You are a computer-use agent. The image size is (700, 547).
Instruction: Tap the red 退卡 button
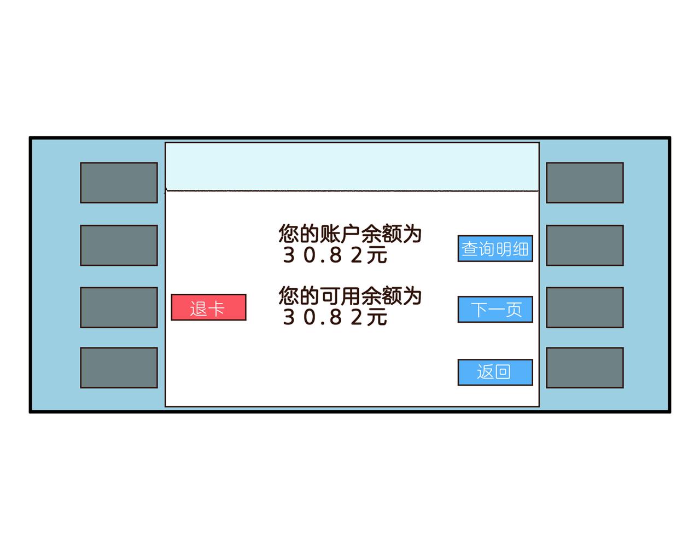(208, 307)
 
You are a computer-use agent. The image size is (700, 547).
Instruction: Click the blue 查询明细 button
(495, 249)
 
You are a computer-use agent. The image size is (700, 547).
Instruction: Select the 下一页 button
(495, 310)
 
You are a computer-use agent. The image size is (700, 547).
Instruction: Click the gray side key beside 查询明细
(585, 245)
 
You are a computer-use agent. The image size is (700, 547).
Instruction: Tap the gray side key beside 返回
(585, 368)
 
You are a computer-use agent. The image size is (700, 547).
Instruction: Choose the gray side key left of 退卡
(119, 307)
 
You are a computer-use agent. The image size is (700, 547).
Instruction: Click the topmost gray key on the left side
(119, 183)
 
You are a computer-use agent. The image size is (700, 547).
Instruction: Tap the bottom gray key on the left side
(119, 368)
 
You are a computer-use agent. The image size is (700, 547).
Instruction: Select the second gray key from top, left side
(119, 245)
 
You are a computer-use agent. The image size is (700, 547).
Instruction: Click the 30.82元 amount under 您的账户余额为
(335, 255)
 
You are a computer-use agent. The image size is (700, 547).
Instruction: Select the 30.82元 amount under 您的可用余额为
(335, 317)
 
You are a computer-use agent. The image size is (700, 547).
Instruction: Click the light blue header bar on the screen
(352, 167)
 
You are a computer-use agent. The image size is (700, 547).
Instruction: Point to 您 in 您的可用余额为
(288, 296)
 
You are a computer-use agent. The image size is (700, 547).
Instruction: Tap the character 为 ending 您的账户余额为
(412, 234)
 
